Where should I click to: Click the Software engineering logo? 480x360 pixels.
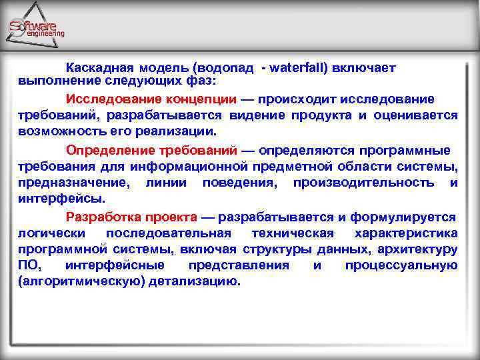37,28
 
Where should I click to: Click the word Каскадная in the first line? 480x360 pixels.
99,67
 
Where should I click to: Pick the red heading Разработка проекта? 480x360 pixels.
131,217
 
